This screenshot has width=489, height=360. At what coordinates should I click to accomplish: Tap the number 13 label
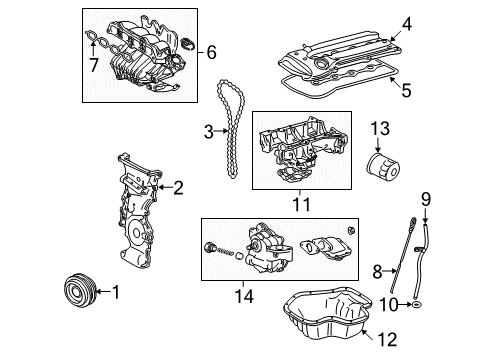pyautogui.click(x=382, y=127)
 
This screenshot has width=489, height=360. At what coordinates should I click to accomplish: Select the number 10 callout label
pyautogui.click(x=392, y=302)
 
